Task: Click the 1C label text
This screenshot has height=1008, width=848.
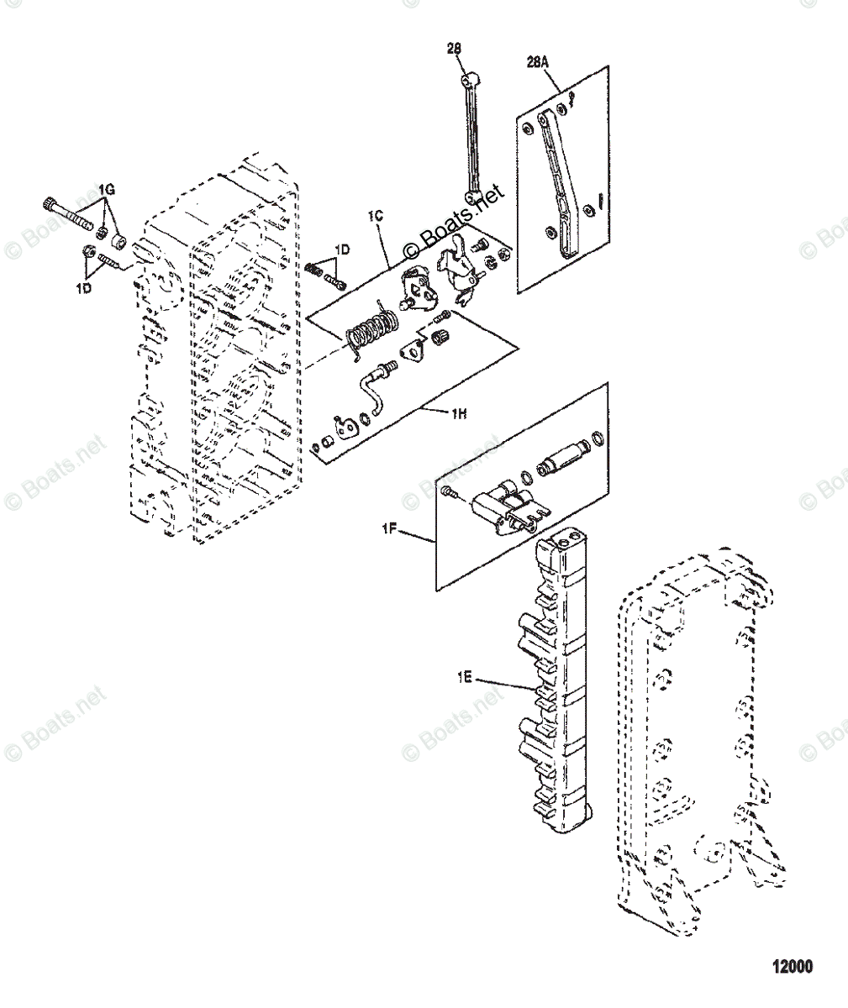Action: pyautogui.click(x=376, y=217)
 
